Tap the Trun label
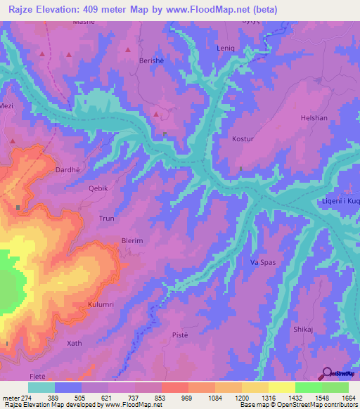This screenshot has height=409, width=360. coord(106,219)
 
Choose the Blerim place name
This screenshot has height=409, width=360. coord(132,240)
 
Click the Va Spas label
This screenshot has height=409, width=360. coord(263,262)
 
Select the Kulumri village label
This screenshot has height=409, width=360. coord(101,304)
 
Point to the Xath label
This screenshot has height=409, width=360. coord(75,343)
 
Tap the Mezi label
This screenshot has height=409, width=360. coord(7,106)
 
